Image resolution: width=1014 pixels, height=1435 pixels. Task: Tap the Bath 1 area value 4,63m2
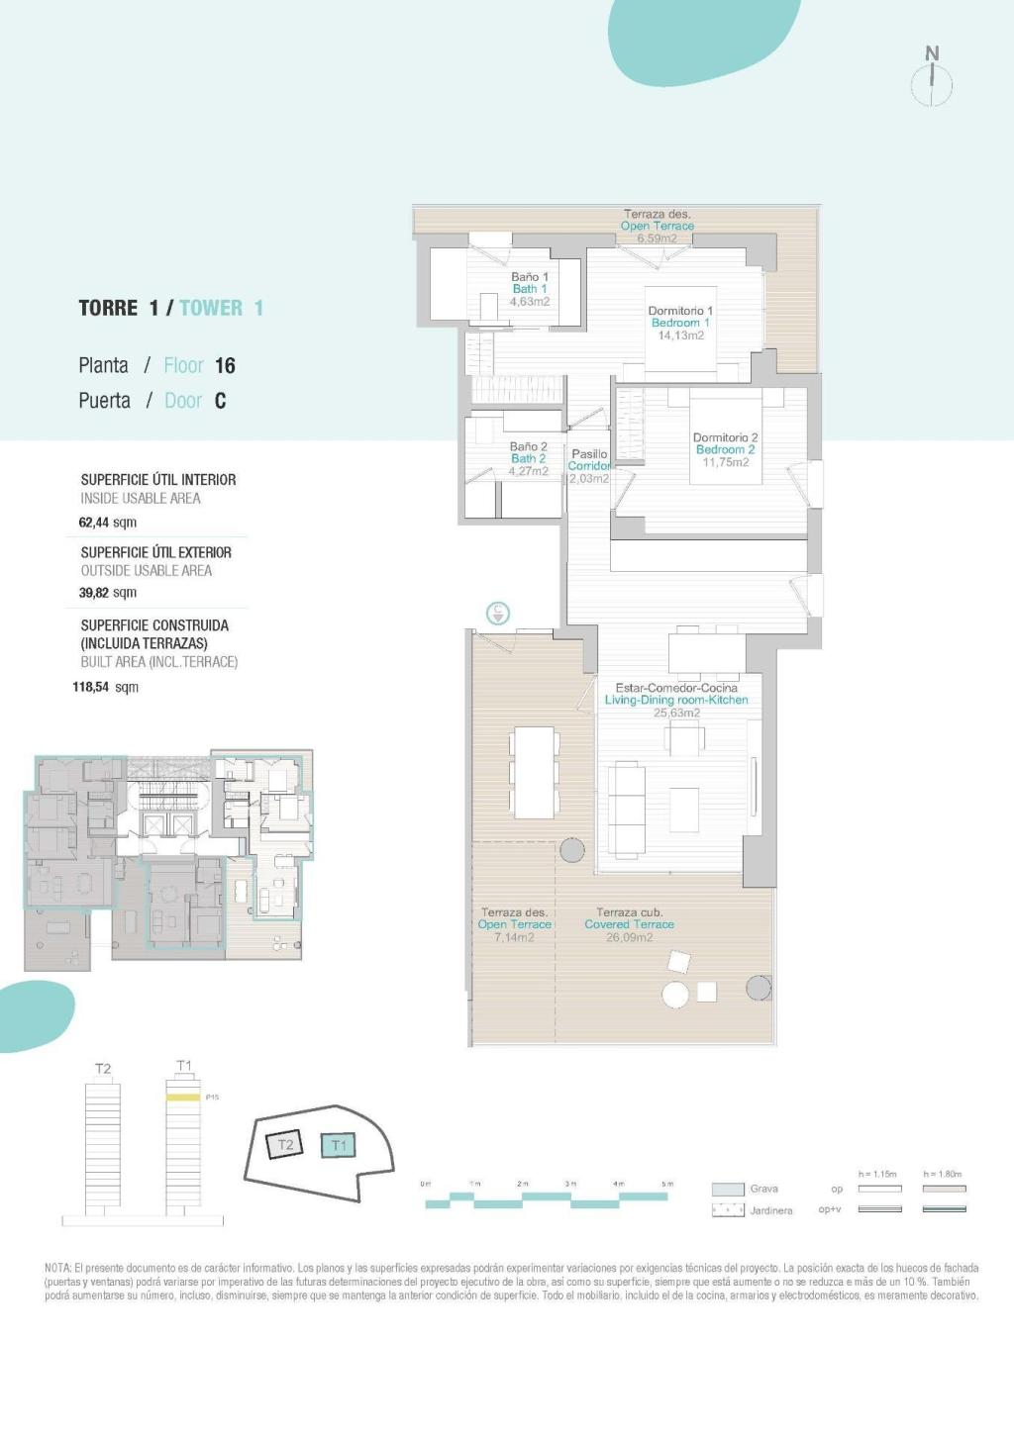530,302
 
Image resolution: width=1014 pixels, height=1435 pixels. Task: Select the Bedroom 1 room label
680,323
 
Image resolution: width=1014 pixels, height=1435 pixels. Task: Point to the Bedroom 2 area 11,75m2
726,462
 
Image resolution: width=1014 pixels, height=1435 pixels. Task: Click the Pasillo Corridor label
589,460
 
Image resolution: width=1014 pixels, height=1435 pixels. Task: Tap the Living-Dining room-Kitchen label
676,700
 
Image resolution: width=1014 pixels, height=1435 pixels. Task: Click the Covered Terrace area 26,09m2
629,937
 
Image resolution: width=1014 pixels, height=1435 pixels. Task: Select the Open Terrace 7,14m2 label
514,924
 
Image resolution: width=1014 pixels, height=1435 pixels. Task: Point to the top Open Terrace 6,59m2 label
658,226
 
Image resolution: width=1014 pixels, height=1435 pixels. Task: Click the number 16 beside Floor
225,366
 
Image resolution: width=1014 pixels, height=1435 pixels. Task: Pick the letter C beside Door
220,401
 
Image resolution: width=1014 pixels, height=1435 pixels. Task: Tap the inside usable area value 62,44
95,523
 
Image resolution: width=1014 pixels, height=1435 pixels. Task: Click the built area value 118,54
90,687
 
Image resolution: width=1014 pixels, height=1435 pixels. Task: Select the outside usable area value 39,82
95,593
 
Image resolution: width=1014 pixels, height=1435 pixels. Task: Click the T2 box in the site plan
285,1145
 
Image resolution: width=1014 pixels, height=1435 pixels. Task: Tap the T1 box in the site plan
339,1146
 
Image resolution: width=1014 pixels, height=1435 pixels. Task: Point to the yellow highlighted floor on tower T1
182,1098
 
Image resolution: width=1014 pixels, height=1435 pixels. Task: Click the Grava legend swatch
728,1190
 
